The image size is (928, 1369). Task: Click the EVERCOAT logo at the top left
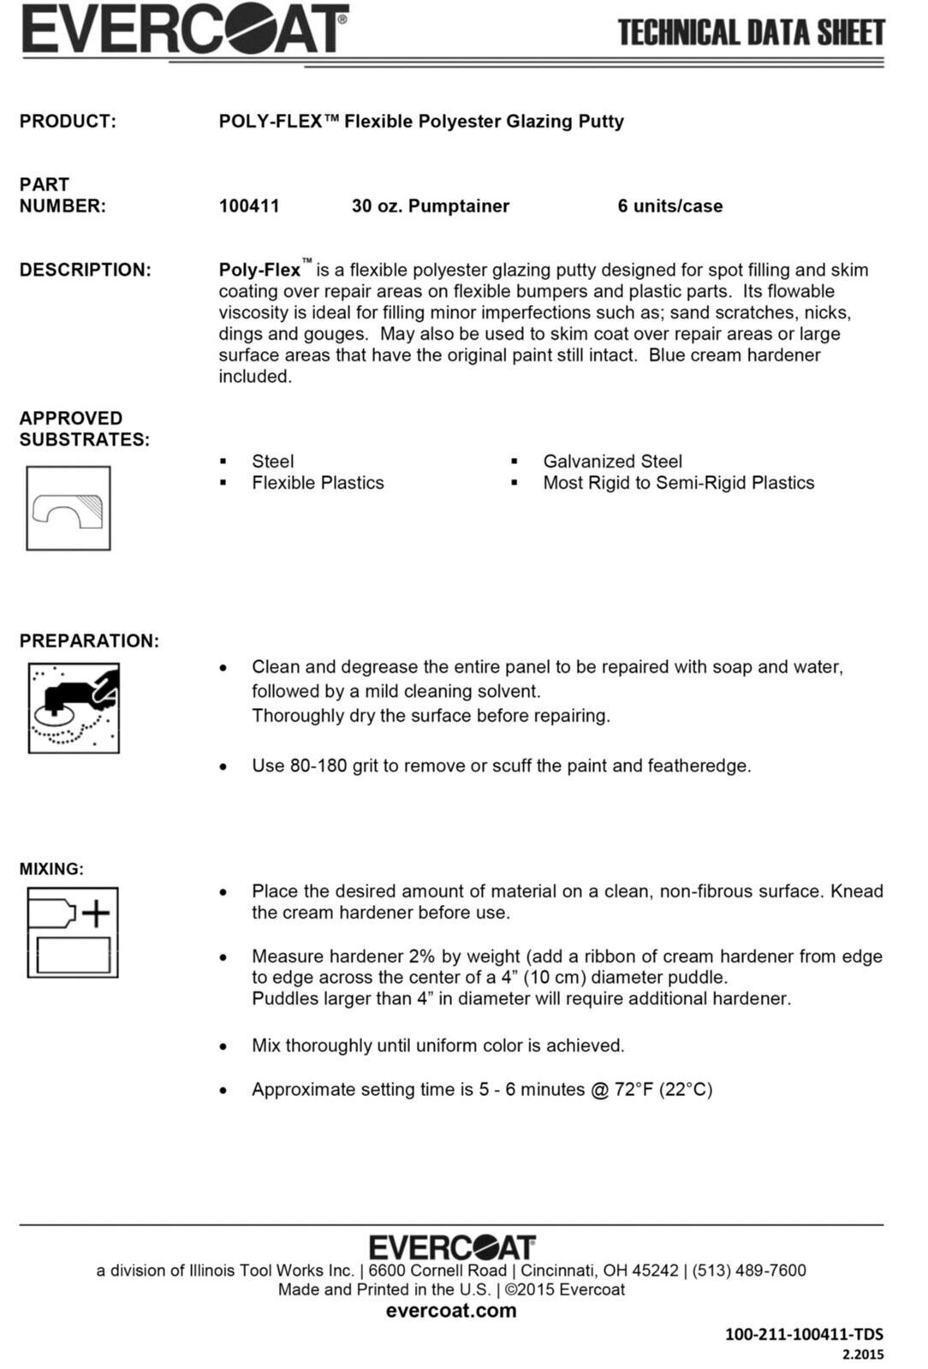click(185, 30)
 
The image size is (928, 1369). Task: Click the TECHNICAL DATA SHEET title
click(751, 33)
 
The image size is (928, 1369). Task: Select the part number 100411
click(249, 206)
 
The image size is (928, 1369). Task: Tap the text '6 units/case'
click(669, 206)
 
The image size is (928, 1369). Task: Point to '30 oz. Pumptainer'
click(430, 206)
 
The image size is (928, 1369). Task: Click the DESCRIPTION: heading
click(85, 271)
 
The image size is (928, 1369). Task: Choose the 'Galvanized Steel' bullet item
click(612, 461)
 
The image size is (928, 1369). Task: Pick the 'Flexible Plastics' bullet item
click(318, 483)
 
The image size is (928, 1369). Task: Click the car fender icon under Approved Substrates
click(68, 509)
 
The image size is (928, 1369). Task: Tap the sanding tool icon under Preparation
click(74, 708)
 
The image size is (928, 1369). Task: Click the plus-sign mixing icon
click(73, 932)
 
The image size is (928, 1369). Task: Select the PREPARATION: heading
click(89, 641)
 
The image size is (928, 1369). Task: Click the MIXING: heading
click(51, 869)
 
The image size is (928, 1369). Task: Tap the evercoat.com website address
click(451, 1311)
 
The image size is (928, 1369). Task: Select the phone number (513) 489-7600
click(749, 1271)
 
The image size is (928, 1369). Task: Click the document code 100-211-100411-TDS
click(804, 1334)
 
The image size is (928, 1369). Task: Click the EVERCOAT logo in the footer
click(452, 1247)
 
